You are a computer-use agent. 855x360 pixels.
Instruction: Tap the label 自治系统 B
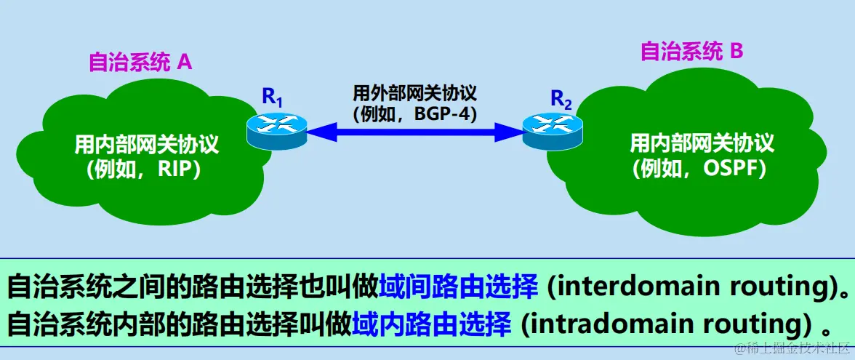click(691, 52)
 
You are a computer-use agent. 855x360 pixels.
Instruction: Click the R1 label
click(271, 96)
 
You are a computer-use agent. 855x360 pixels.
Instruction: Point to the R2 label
click(561, 98)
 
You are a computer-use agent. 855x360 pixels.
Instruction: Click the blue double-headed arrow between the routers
click(414, 132)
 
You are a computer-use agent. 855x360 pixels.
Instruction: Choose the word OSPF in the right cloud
click(731, 169)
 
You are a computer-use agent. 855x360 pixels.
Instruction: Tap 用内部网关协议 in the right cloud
click(702, 143)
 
